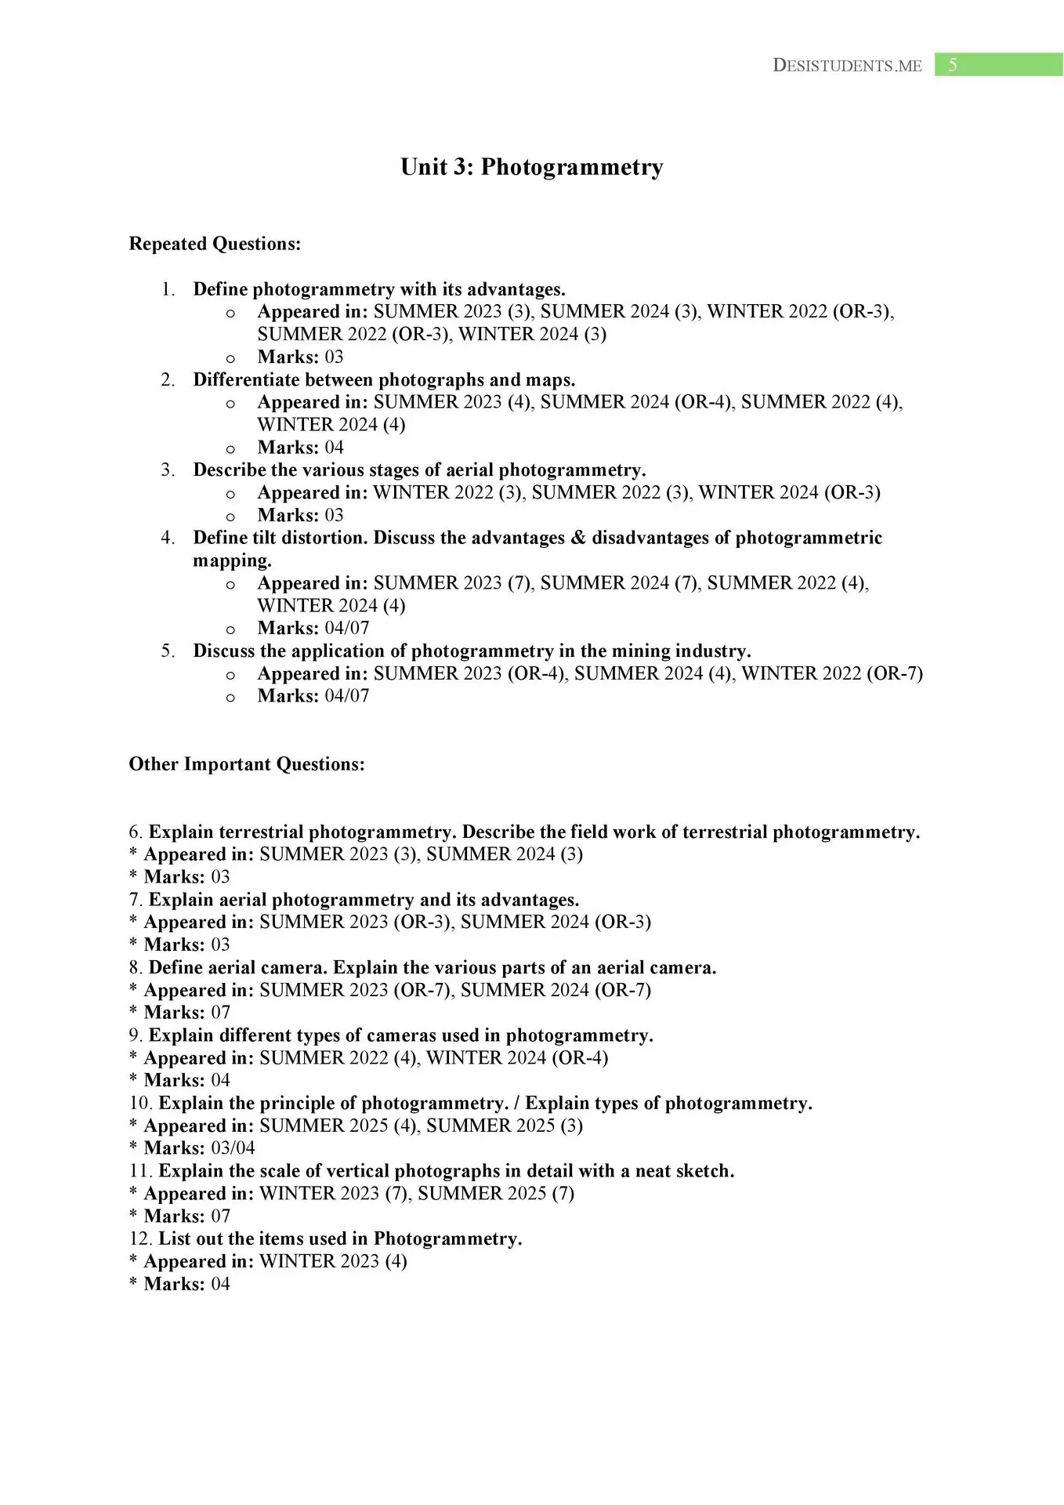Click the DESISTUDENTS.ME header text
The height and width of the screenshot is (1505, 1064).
pyautogui.click(x=847, y=66)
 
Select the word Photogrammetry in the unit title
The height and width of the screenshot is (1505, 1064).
pyautogui.click(x=572, y=167)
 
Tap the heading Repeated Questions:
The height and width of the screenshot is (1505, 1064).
pyautogui.click(x=215, y=244)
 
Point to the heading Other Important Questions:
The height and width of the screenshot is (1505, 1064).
pyautogui.click(x=247, y=764)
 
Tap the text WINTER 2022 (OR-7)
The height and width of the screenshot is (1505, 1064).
pyautogui.click(x=832, y=673)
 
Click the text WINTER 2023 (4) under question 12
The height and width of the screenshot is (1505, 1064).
pyautogui.click(x=333, y=1261)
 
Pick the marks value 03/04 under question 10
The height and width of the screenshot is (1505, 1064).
pyautogui.click(x=233, y=1148)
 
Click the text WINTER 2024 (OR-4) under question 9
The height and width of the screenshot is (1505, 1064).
pyautogui.click(x=517, y=1058)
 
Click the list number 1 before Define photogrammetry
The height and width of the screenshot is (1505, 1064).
pyautogui.click(x=168, y=290)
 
